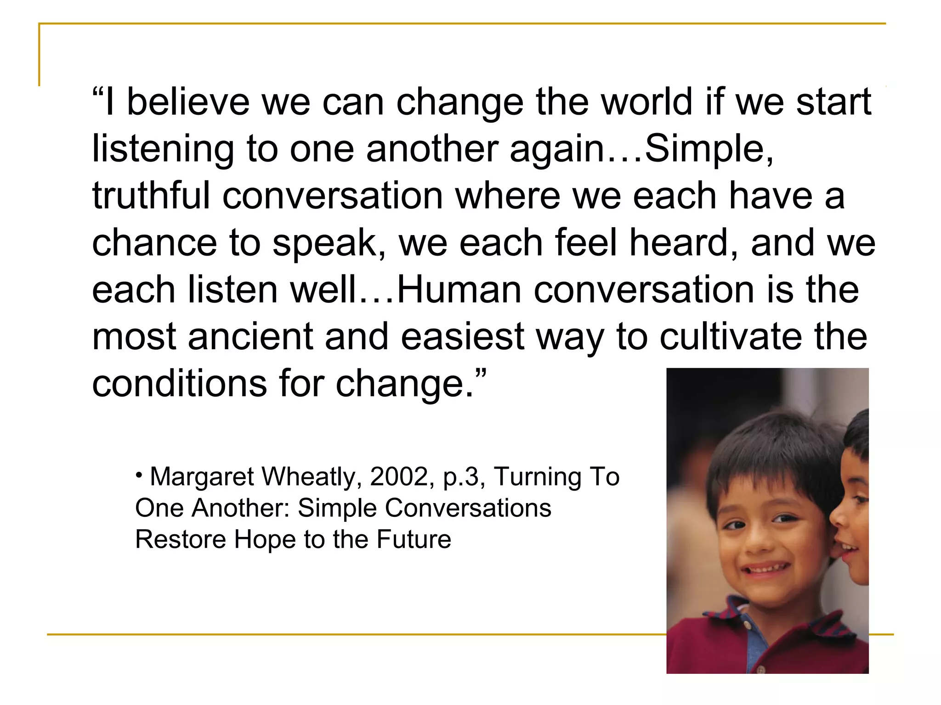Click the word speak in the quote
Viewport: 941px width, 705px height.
coord(329,244)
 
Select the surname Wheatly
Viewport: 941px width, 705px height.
coord(312,477)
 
